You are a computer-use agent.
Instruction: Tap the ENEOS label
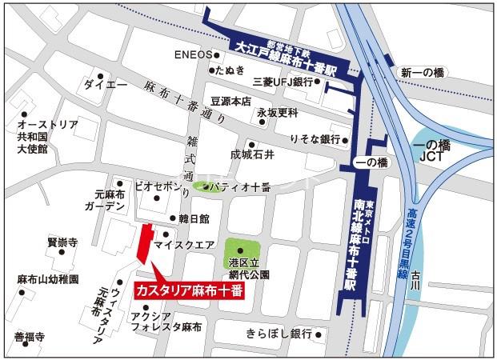point(192,55)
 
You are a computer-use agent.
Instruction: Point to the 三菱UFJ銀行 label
point(282,82)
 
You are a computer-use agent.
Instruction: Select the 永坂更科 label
point(277,113)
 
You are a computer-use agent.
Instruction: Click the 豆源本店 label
point(230,102)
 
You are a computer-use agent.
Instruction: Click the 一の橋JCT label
point(434,150)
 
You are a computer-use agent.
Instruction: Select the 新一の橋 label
point(423,73)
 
